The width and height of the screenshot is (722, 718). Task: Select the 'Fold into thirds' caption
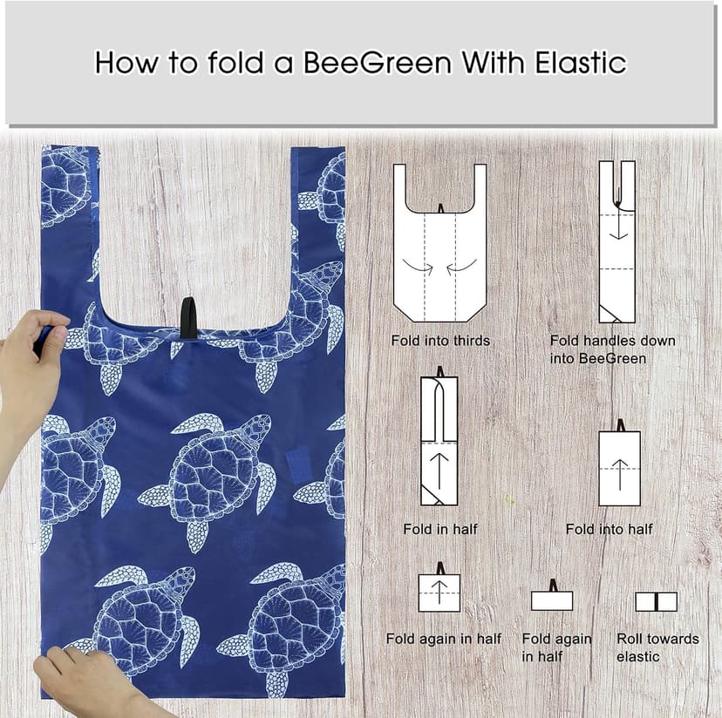[x=440, y=341]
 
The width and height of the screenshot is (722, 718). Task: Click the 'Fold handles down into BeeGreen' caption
[x=612, y=349]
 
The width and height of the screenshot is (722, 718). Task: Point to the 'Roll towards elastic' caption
[x=657, y=647]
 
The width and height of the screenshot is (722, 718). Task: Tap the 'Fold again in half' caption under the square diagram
[x=443, y=639]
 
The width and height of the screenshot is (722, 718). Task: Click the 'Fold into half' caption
[x=609, y=529]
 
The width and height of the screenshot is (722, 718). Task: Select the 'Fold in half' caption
[x=440, y=529]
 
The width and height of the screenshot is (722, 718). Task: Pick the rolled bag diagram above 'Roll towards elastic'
[x=656, y=601]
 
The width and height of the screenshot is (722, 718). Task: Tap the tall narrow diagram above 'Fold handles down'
[x=616, y=241]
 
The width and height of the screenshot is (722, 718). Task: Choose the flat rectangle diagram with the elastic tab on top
[x=552, y=599]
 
